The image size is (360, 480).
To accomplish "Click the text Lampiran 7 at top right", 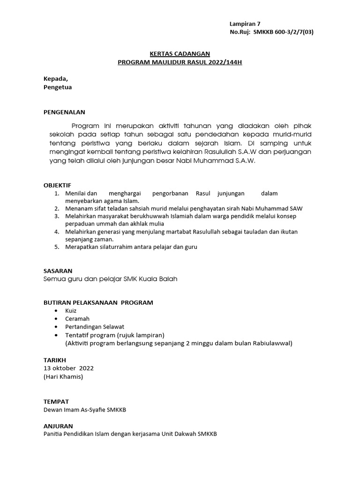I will coord(245,24).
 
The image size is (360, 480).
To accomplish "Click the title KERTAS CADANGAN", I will coord(180,54).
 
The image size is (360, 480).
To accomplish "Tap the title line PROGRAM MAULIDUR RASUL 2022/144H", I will coord(180,62).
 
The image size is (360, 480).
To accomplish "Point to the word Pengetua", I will coord(58,87).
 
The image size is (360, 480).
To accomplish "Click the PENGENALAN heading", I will coord(65,112).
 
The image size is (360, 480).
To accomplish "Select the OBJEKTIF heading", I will coord(57,186).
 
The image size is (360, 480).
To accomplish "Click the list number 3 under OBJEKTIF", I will coord(56,216).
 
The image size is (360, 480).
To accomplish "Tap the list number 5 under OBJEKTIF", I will coord(56,247).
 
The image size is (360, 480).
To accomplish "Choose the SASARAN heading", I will coord(58,271).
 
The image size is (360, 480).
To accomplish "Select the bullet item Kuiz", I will coord(71,311).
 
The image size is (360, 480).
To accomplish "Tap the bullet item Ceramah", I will coord(77,319).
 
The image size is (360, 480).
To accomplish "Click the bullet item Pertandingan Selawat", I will coord(95,327).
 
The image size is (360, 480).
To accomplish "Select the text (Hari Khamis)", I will coord(63,377).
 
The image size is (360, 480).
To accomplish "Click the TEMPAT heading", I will coord(56,402).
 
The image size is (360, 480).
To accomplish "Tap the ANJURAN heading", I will coord(58,426).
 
